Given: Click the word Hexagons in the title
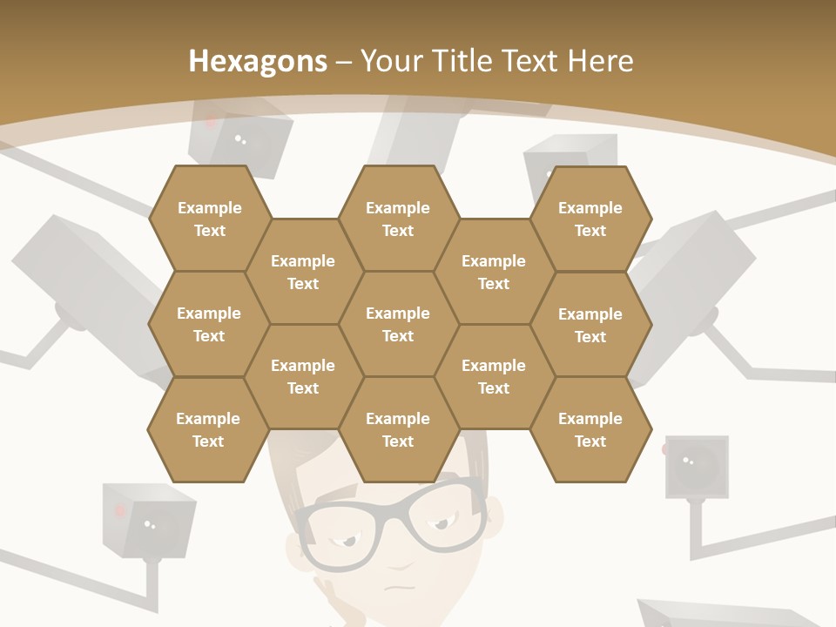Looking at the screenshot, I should pos(258,61).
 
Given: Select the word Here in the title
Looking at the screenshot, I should pos(600,61).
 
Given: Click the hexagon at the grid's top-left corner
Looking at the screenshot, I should pos(209,219).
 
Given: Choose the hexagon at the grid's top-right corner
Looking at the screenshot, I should pos(590,219).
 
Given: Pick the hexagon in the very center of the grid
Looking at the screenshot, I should pos(398,324).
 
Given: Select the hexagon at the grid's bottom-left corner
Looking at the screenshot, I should pos(208,429).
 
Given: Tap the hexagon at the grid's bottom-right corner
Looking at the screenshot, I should pos(590,429).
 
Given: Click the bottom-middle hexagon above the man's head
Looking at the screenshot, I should pos(398,429).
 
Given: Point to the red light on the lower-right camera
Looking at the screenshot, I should pos(666,449).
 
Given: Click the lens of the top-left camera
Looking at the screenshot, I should pos(244,140).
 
